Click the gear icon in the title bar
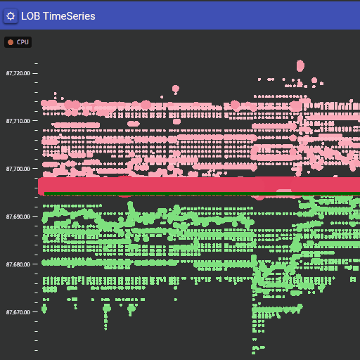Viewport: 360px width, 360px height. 11,15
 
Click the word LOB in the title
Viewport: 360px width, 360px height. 31,15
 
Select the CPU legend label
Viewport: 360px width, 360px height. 23,43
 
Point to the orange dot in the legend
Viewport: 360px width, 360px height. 11,43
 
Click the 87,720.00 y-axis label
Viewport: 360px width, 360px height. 18,73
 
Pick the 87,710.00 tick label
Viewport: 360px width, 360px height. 18,121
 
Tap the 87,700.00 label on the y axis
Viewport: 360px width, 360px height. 18,169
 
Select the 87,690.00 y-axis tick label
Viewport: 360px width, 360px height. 18,217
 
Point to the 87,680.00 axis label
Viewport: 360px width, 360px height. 18,264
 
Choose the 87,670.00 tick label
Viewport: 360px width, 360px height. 18,312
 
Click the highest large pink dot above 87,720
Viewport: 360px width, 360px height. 300,65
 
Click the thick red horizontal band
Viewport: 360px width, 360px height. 197,186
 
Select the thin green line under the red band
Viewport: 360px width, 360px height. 176,194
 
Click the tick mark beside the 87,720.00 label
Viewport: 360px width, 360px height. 36,73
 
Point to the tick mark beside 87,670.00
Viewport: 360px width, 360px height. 36,312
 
